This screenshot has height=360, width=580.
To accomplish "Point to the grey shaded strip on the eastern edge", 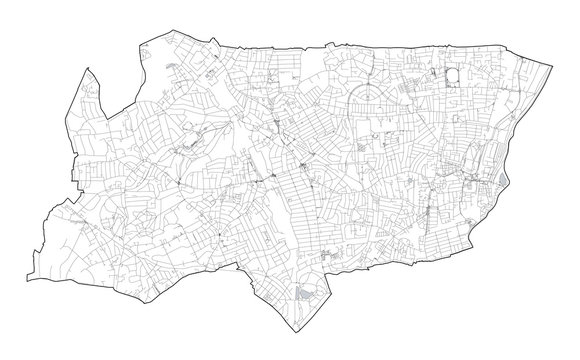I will point(489,184).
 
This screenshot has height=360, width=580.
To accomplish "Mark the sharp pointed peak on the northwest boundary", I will point(87,67).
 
